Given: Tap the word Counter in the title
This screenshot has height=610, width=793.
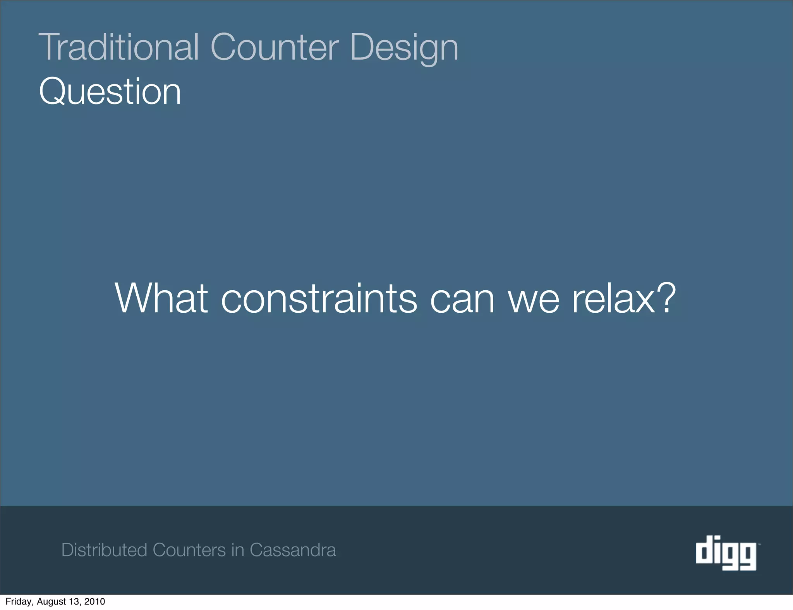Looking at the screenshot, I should (x=275, y=47).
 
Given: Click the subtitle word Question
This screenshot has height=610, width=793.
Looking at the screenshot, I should (x=110, y=92).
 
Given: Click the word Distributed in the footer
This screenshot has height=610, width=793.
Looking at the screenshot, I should (x=104, y=550).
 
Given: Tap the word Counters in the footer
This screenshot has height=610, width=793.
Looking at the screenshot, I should (x=189, y=550).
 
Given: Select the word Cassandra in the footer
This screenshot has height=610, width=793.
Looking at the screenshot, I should (x=293, y=550).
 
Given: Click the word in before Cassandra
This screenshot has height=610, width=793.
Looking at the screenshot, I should (x=237, y=550).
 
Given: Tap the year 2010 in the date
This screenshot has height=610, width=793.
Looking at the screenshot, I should (x=95, y=601).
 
